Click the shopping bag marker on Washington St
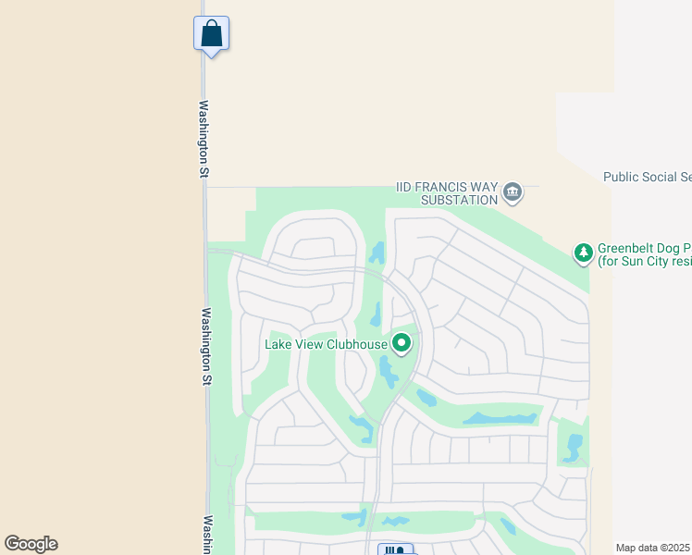211,34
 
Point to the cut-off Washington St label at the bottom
208,535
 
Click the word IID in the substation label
411,186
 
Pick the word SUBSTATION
459,199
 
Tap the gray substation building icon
513,192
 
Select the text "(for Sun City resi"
644,262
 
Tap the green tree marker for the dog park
583,252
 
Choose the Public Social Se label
647,176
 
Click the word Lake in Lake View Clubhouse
280,344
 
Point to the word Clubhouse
356,344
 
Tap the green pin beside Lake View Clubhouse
402,344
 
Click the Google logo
31,544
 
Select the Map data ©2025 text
652,548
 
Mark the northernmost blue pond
377,253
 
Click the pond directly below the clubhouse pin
388,372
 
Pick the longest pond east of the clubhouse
500,418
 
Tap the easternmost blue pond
573,447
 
